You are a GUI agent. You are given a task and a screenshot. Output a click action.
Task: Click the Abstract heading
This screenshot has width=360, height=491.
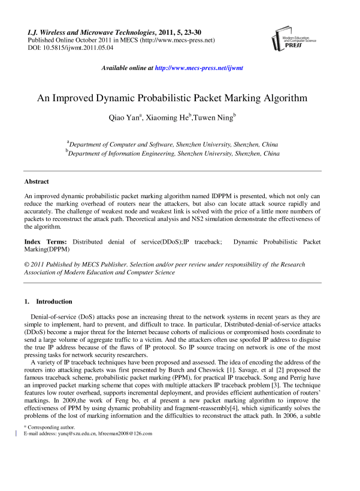point(37,181)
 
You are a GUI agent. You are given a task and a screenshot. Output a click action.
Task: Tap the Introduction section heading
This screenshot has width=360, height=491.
point(54,302)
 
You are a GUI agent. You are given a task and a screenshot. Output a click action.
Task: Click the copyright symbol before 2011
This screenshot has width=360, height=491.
point(26,264)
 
